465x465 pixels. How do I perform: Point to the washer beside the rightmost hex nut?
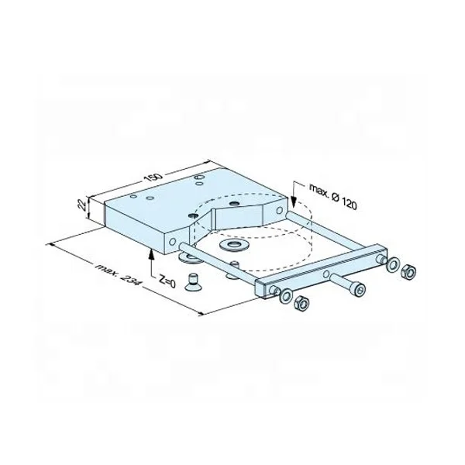click(x=394, y=266)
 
